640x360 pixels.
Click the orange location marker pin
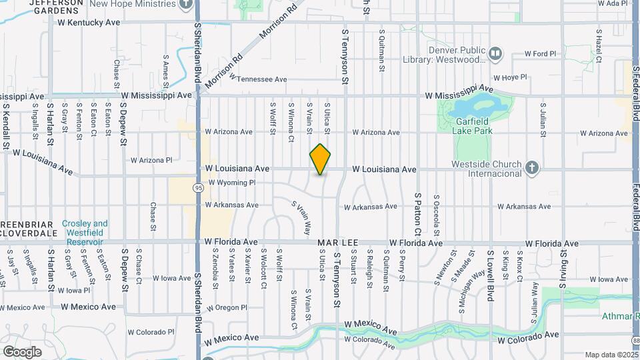[321, 159]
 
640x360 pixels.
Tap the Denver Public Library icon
[495, 53]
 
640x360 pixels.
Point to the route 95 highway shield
[199, 189]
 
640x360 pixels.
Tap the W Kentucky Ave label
[89, 23]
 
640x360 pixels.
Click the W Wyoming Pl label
[231, 183]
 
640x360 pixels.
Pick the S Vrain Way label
[301, 218]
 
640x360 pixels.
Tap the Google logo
[22, 351]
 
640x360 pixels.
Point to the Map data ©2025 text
[611, 355]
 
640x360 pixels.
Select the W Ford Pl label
[540, 54]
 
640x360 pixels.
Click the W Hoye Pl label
[510, 77]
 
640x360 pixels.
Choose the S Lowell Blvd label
[490, 275]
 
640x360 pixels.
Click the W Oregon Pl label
[227, 308]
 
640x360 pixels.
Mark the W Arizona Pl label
[151, 160]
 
